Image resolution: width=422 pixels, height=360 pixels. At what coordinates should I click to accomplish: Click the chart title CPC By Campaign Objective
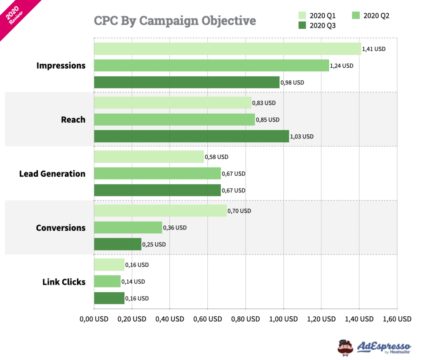[175, 21]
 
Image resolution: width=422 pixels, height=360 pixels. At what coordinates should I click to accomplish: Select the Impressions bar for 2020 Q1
[227, 49]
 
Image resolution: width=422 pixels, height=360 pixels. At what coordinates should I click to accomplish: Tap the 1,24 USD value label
[341, 65]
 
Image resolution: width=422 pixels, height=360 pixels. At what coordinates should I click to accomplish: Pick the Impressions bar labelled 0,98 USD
[187, 82]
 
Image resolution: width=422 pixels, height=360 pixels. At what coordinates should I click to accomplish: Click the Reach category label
[73, 120]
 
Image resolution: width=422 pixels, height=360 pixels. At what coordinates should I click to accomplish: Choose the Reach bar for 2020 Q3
[191, 136]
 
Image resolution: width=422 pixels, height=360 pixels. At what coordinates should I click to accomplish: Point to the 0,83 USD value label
[264, 103]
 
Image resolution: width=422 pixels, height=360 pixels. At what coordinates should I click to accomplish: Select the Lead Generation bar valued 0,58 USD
[149, 157]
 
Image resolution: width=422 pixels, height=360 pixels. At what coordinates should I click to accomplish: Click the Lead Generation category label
[52, 174]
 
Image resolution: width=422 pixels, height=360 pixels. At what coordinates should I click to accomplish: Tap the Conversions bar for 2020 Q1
[160, 211]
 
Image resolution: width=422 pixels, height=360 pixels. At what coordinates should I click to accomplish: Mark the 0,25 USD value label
[154, 245]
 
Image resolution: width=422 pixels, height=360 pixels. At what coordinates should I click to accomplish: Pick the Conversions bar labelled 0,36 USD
[128, 227]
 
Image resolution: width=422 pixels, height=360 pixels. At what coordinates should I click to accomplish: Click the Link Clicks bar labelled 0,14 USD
[107, 281]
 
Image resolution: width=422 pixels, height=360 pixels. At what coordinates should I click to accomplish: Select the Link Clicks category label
[64, 282]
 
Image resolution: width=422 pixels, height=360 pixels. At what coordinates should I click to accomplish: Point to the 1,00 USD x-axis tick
[284, 319]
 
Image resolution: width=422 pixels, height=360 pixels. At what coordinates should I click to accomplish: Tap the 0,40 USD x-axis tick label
[170, 319]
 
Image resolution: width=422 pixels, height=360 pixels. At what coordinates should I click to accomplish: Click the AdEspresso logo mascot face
[345, 347]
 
